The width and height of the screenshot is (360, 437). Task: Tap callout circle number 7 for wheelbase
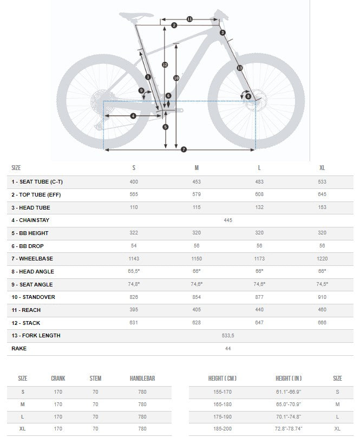[184, 149]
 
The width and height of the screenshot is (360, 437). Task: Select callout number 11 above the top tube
[189, 19]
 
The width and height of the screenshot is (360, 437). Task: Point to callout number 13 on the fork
[239, 68]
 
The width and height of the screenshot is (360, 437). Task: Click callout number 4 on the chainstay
[133, 115]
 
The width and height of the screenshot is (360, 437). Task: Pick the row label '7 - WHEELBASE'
[32, 258]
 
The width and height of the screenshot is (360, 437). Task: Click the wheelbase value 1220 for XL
[322, 258]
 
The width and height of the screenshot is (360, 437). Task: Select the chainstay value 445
[228, 220]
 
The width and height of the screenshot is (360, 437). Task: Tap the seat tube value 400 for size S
[134, 181]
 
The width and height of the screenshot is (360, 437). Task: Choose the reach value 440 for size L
[259, 310]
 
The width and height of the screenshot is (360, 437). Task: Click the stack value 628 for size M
[197, 323]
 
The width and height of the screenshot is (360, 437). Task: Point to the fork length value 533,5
[228, 335]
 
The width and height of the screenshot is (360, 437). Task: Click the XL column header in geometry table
[322, 168]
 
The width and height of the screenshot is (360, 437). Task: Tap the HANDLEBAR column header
[142, 378]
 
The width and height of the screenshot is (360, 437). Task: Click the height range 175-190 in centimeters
[222, 417]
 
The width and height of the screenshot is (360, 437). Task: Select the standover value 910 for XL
[322, 297]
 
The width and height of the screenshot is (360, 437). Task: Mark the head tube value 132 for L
[259, 207]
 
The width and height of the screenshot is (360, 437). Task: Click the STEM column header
[95, 378]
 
